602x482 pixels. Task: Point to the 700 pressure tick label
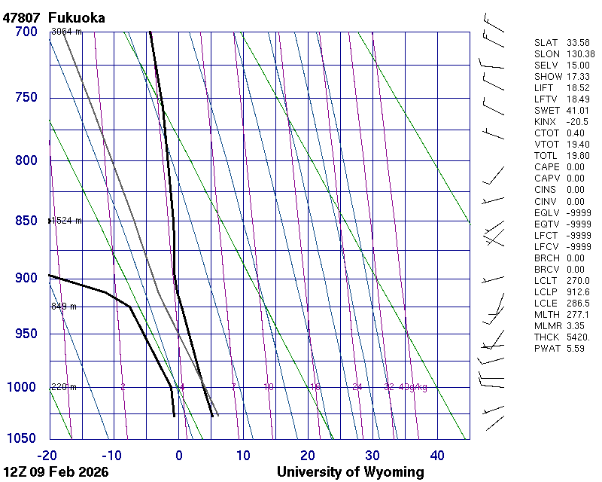click(26, 32)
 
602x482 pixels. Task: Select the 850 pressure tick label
click(26, 221)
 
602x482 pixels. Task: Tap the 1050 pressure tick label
click(22, 438)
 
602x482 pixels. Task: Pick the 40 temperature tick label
click(437, 455)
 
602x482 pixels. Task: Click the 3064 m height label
click(66, 32)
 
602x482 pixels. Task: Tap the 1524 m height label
click(66, 221)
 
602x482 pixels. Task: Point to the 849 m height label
click(64, 307)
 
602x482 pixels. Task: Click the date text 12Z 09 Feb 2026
click(56, 472)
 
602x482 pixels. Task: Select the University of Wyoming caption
click(351, 472)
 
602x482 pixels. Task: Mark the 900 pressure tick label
click(26, 278)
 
